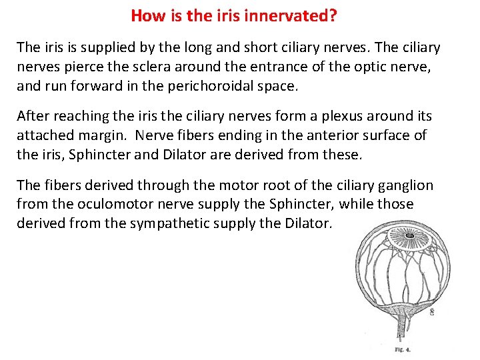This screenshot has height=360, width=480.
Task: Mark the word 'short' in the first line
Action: point(303,47)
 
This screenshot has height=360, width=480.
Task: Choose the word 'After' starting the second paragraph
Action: point(33,115)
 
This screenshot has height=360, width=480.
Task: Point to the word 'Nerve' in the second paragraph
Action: point(153,134)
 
